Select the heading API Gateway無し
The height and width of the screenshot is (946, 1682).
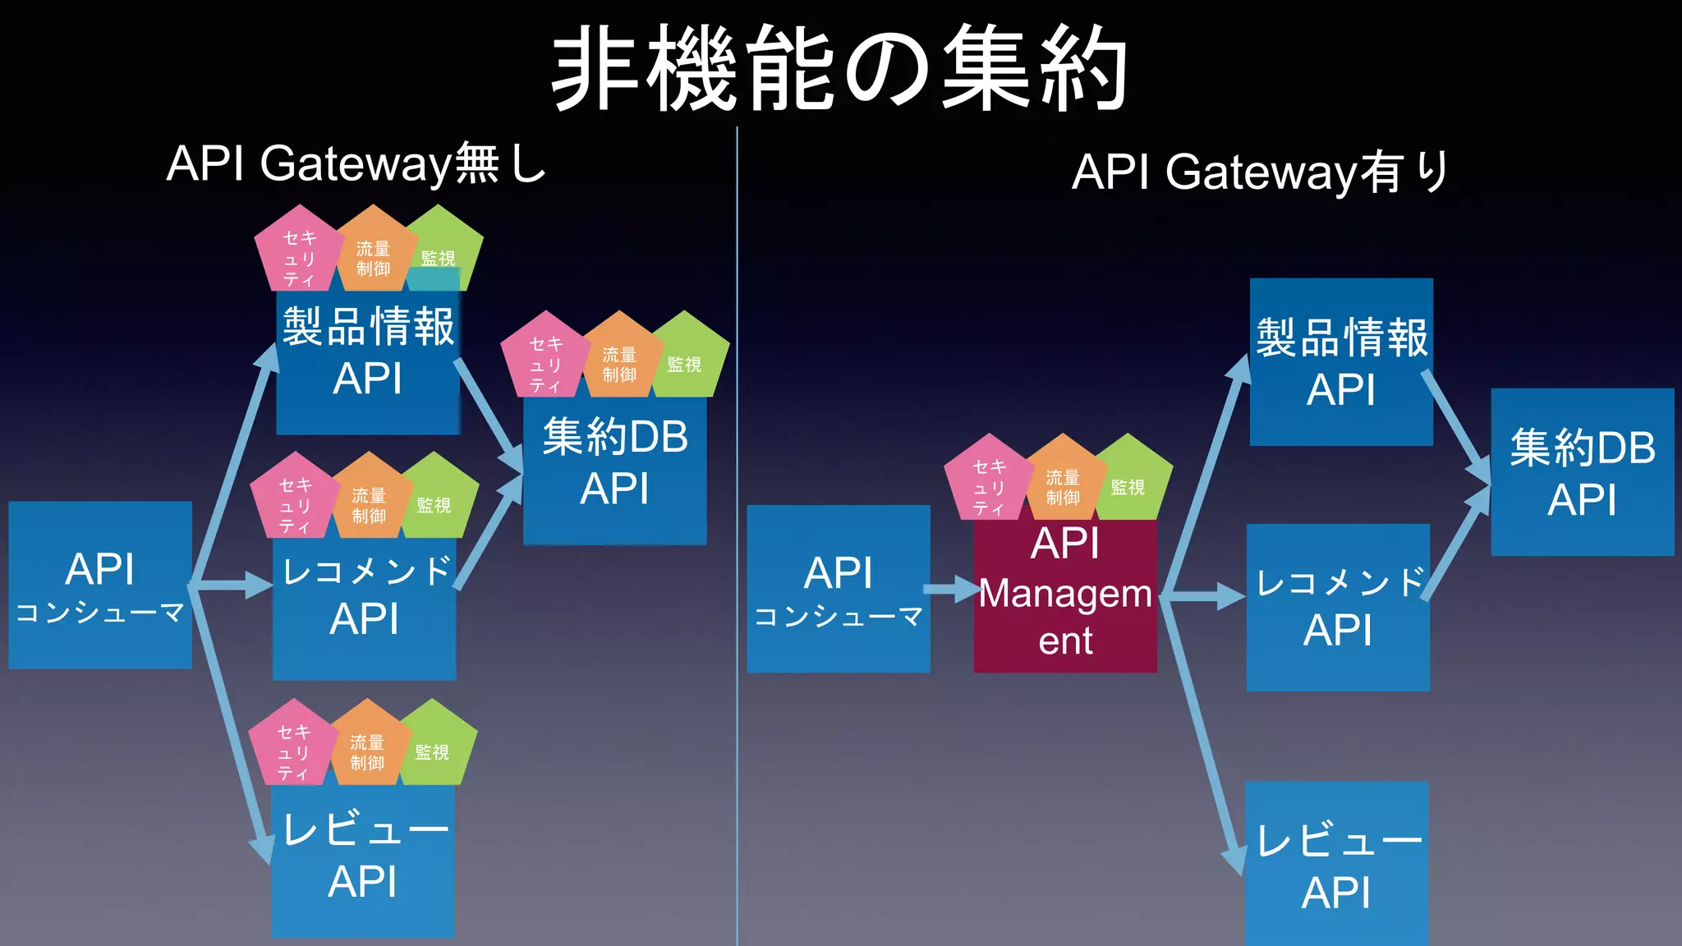coord(356,163)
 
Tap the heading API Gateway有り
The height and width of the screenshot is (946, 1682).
coord(1260,172)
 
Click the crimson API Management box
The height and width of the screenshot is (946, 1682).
coord(1065,595)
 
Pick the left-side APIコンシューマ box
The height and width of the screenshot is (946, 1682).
coord(100,586)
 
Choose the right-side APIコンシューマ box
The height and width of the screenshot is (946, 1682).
coord(839,590)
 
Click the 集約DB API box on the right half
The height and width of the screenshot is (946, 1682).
coord(1582,472)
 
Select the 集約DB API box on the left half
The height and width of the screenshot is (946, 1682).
coord(614,464)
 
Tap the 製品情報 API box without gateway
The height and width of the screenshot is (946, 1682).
coord(367,361)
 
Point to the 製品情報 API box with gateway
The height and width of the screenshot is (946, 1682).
coord(1341,362)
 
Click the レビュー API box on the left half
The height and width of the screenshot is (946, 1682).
coord(363,858)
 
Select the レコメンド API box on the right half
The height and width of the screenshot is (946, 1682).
coord(1338,608)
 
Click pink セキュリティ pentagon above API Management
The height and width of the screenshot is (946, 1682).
coord(989,480)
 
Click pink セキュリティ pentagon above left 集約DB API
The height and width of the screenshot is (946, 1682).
coord(545,358)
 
